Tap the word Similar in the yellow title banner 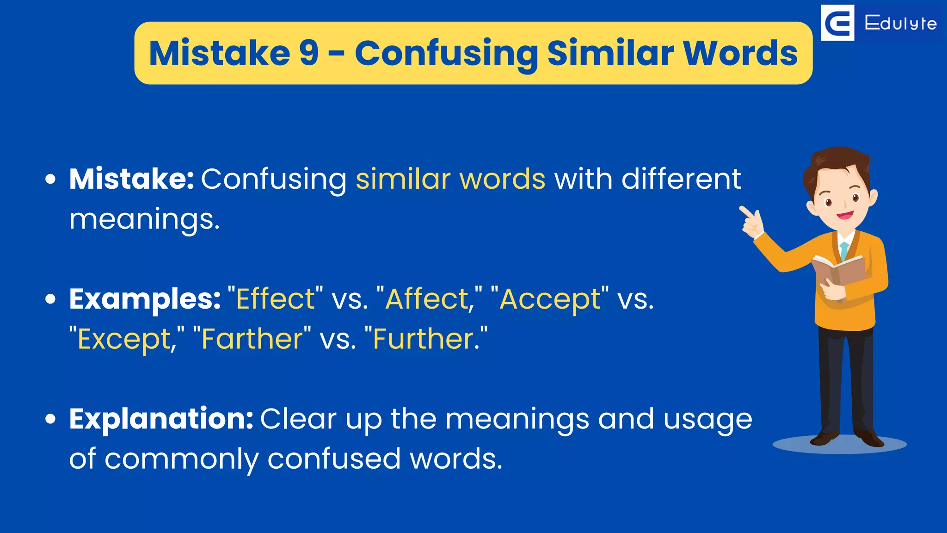point(610,53)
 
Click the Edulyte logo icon point(837,23)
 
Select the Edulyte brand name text point(900,23)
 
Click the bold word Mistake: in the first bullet point(132,179)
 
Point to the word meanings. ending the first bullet point(144,219)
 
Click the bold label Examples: point(145,299)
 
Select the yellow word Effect point(275,299)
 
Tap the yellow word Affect point(427,299)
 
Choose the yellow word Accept point(550,299)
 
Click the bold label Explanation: point(161,419)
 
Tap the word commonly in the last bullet point(181,459)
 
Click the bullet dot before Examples point(50,299)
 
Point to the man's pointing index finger point(744,211)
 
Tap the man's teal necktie point(844,250)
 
